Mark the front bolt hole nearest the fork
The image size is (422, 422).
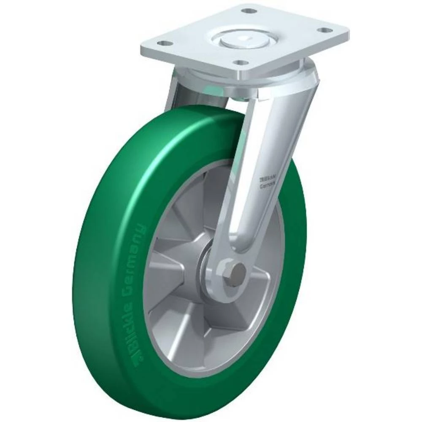241,63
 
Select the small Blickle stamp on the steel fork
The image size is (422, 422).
267,179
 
